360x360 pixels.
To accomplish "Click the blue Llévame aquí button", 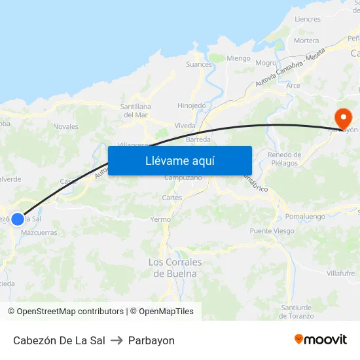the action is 180,161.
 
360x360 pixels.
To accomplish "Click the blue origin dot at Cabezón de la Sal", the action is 18,219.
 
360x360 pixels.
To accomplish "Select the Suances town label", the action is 199,64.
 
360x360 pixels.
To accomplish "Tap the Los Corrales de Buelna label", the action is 175,268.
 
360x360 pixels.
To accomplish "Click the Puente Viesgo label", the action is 272,231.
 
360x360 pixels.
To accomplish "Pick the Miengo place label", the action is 238,58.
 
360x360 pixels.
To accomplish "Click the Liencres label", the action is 308,20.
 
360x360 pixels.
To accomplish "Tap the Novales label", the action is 65,127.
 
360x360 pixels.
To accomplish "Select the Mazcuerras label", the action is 39,232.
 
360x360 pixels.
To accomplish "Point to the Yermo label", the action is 160,219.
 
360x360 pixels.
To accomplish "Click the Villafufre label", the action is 339,274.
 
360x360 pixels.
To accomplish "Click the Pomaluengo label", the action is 306,215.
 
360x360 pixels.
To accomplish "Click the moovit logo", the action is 321,340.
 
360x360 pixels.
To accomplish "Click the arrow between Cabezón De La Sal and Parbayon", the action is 117,340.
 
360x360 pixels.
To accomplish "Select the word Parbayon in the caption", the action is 151,340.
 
